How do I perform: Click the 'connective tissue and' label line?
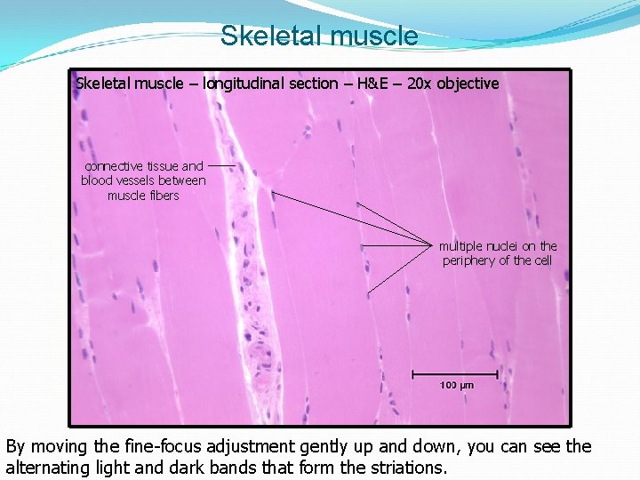(x=144, y=166)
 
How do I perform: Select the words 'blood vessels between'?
(x=143, y=180)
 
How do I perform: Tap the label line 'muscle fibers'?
(x=143, y=196)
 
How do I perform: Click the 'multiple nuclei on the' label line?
(x=498, y=246)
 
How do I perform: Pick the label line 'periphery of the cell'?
(x=498, y=260)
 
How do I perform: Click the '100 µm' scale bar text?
(x=457, y=385)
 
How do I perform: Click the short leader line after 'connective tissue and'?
(x=222, y=166)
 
